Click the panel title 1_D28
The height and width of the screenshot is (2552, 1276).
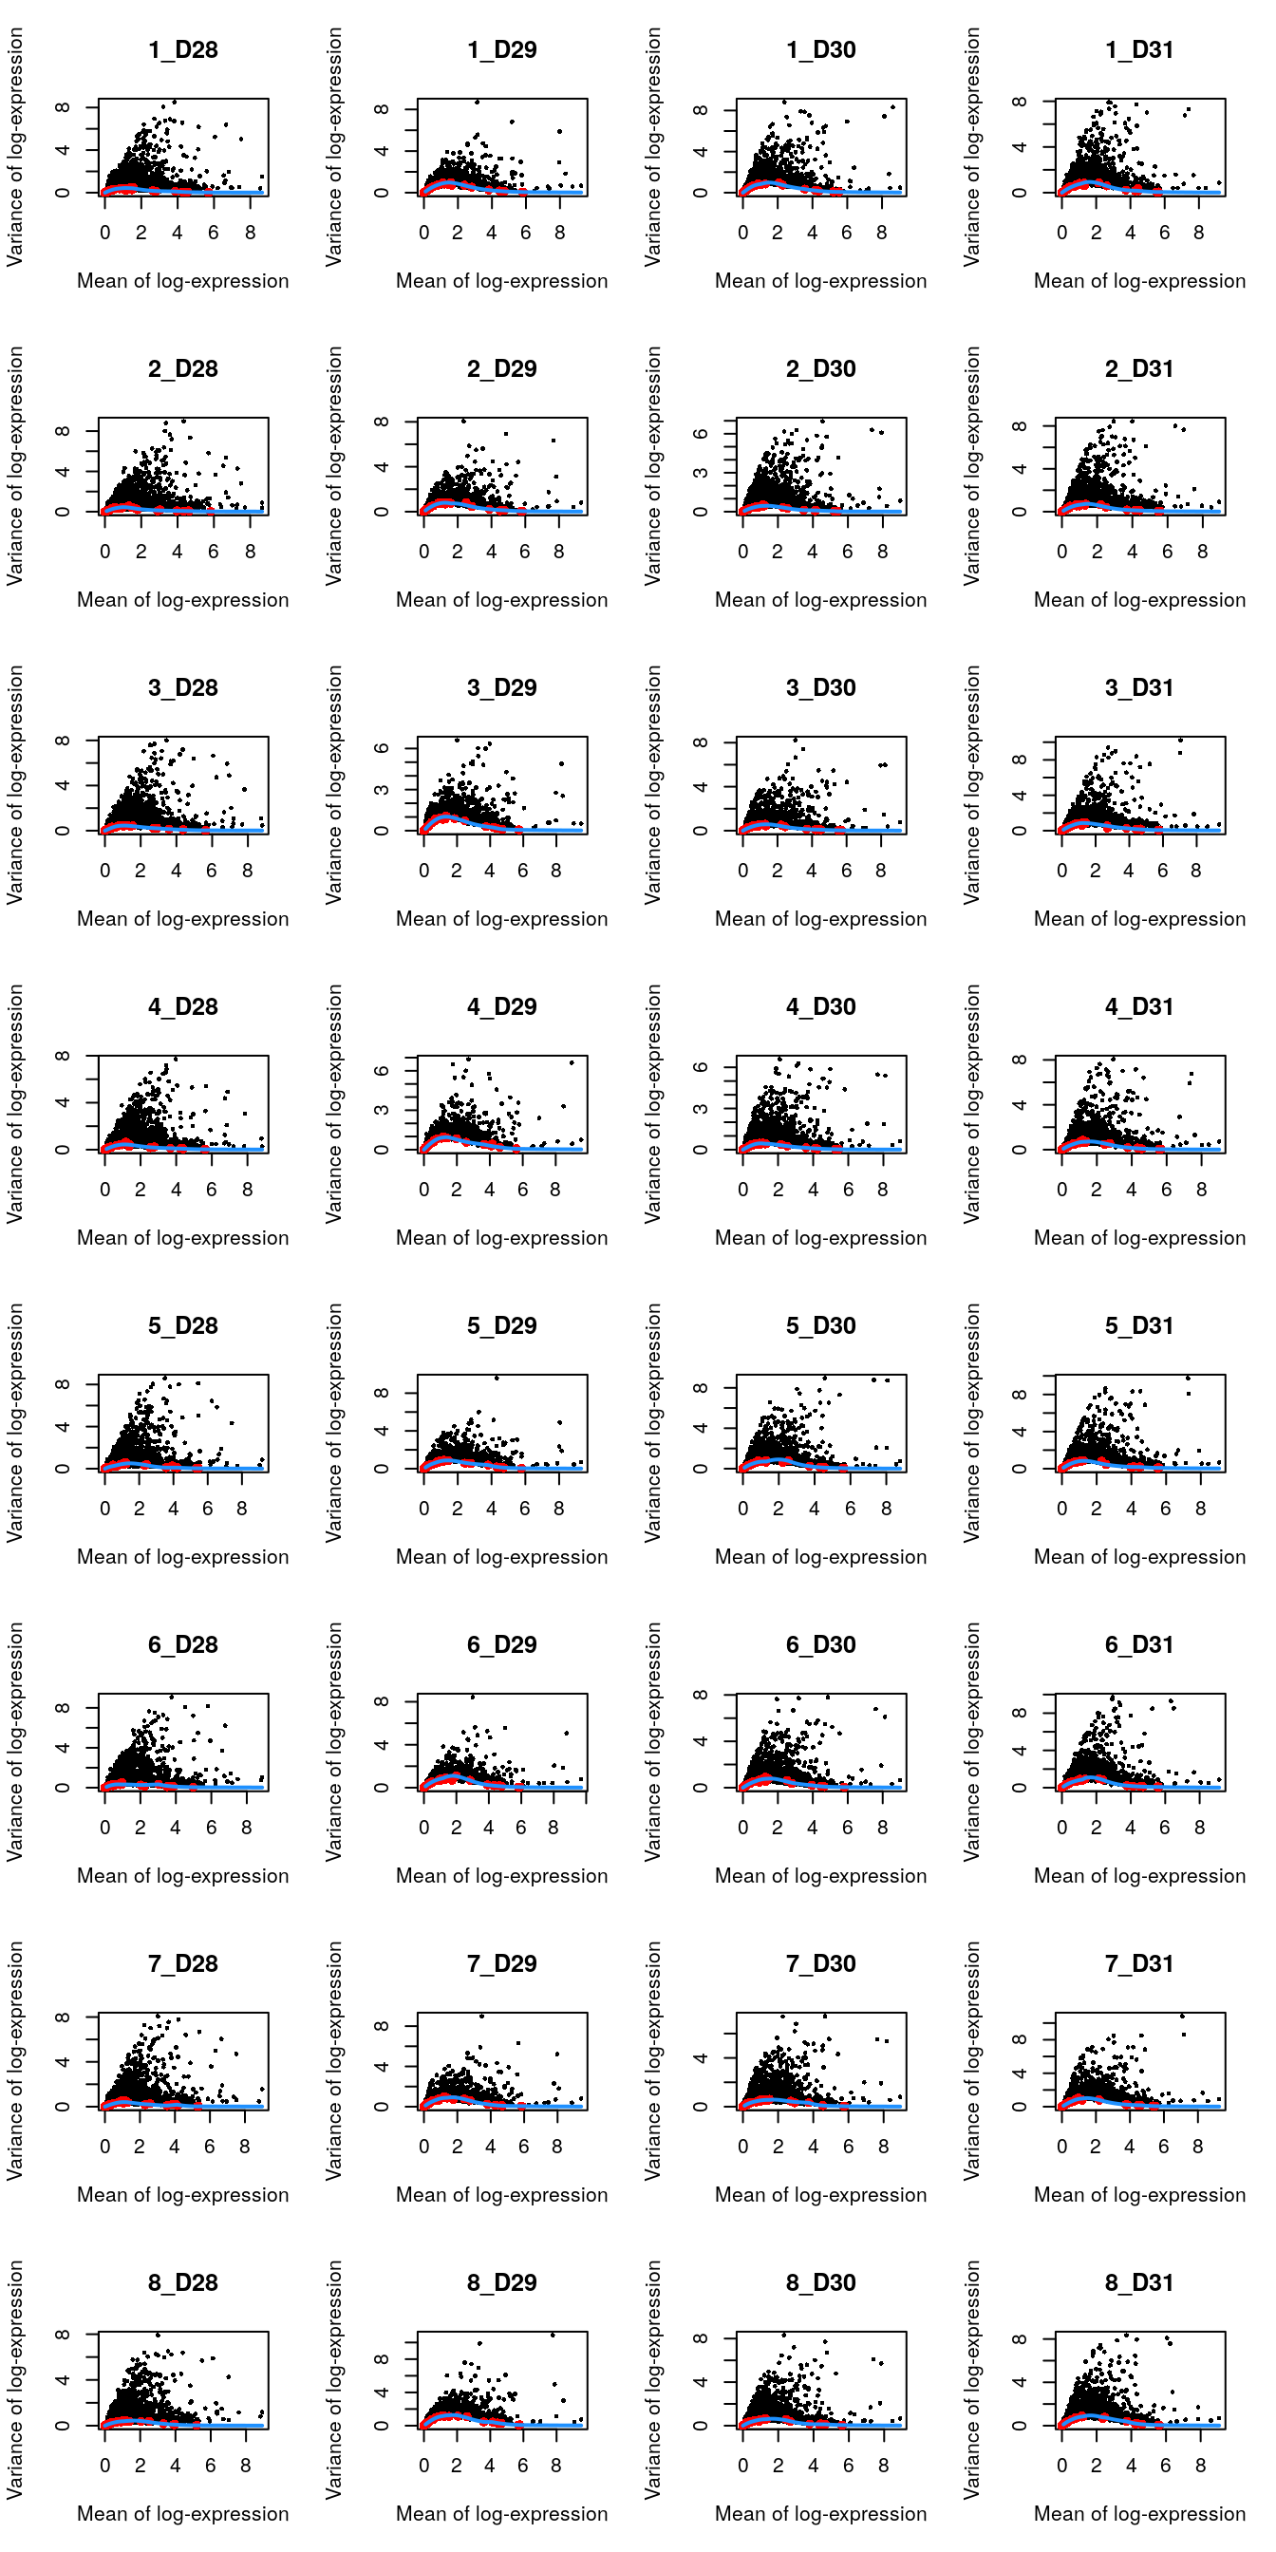click(x=183, y=49)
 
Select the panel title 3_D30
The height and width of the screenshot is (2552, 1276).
click(x=821, y=687)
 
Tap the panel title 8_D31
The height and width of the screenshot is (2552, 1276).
click(x=1140, y=2282)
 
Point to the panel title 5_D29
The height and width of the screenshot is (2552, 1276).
click(x=502, y=1325)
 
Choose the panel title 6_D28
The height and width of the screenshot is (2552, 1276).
click(x=183, y=1644)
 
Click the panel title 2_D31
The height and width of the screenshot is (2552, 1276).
click(x=1140, y=368)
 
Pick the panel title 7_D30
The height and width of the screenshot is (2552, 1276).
click(x=821, y=1963)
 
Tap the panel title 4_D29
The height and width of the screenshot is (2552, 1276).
click(x=502, y=1006)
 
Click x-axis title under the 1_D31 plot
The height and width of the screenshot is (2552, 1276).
click(x=1140, y=281)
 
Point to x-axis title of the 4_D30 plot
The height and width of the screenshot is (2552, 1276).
click(x=821, y=1238)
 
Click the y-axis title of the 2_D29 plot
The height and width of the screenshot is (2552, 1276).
click(x=334, y=465)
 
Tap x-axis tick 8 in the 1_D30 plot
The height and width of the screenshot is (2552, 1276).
click(x=882, y=233)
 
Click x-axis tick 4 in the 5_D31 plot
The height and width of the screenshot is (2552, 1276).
click(x=1132, y=1509)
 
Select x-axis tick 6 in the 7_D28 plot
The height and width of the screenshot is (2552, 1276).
click(x=209, y=2147)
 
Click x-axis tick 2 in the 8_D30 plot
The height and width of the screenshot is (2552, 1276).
click(x=778, y=2466)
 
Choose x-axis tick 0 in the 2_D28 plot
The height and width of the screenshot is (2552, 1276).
click(x=105, y=552)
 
